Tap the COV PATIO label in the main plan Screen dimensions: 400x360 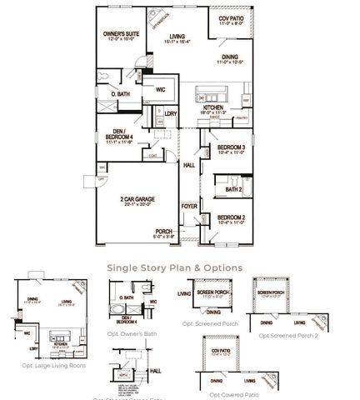[232, 18]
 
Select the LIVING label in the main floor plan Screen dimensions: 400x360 [176, 37]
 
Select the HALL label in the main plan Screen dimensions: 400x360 [188, 166]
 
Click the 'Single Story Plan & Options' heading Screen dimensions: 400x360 [174, 268]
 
